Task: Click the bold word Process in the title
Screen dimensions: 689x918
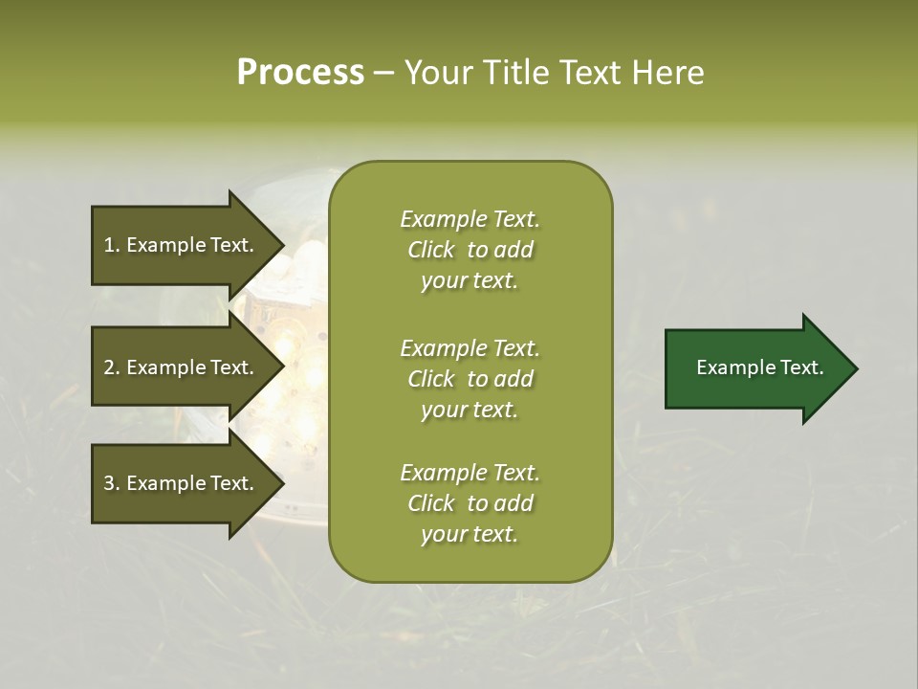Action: pyautogui.click(x=300, y=73)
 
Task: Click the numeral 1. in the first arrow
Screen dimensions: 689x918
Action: pyautogui.click(x=111, y=245)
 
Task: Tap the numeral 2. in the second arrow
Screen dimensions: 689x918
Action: pyautogui.click(x=111, y=367)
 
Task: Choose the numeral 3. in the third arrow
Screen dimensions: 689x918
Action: pyautogui.click(x=111, y=483)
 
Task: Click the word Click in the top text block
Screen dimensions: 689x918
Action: pyautogui.click(x=431, y=250)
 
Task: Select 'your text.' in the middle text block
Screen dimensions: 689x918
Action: pyautogui.click(x=470, y=410)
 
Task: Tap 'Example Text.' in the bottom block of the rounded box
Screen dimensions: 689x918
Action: pyautogui.click(x=470, y=473)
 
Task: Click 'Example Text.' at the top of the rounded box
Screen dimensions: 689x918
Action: pyautogui.click(x=470, y=219)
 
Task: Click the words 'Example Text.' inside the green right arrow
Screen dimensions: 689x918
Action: pyautogui.click(x=759, y=367)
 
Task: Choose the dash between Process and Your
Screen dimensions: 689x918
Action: pyautogui.click(x=383, y=74)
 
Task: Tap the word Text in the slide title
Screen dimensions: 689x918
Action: pyautogui.click(x=588, y=73)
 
